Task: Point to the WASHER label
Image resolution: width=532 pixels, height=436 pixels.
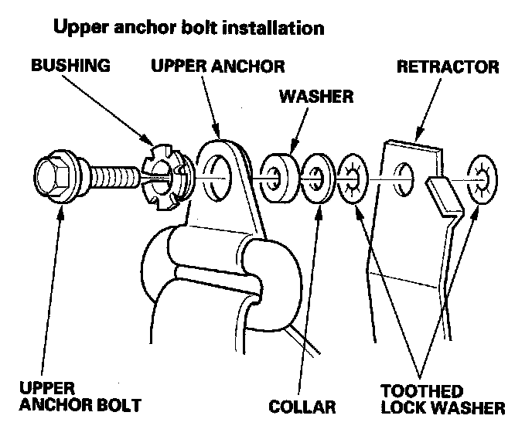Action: coord(316,97)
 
